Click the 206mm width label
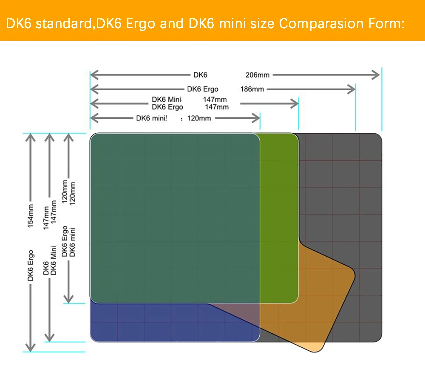pos(258,75)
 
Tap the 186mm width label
pos(252,89)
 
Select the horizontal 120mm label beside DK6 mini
pos(199,118)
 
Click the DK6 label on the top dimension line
pos(200,75)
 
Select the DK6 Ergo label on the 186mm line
pos(203,89)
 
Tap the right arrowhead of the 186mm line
pos(352,89)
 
